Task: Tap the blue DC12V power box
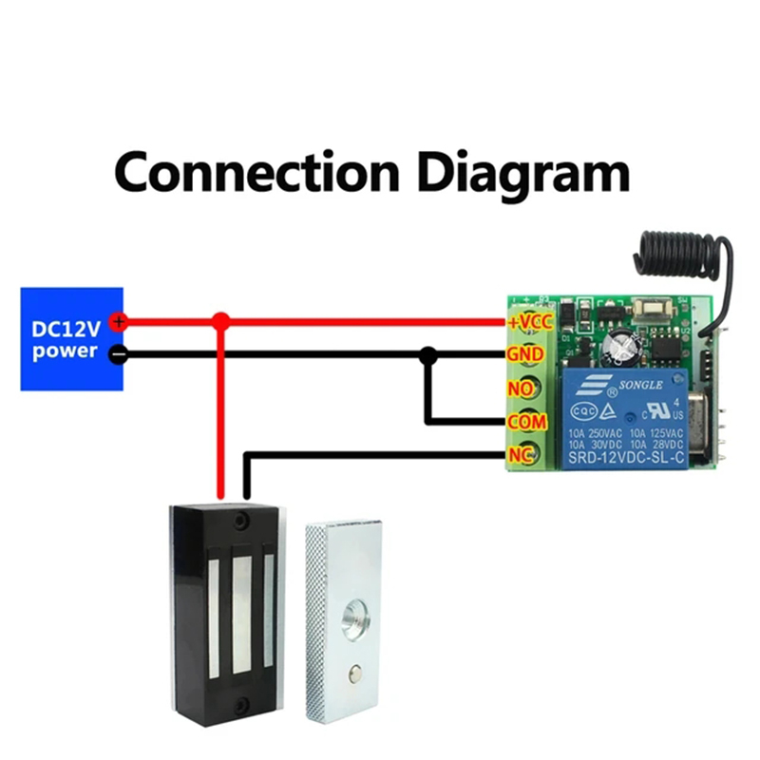coord(72,339)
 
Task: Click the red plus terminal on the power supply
coord(118,322)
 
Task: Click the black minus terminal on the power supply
coord(118,354)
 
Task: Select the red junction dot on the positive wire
coord(220,322)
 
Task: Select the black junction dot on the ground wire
coord(428,355)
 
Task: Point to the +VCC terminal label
coord(529,321)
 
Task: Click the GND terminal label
coord(525,354)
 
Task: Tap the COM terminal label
coord(524,421)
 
